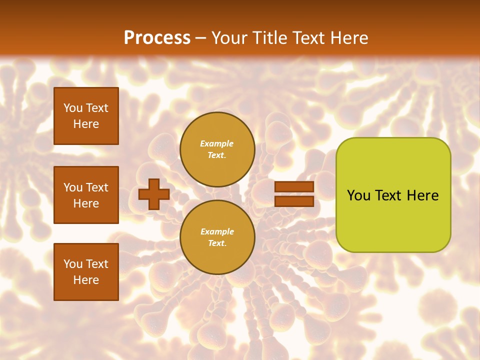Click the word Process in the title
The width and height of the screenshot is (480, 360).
[157, 38]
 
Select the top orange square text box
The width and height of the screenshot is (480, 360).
[86, 116]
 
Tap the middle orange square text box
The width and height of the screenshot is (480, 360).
[86, 195]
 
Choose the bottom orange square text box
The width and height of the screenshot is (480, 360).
[86, 272]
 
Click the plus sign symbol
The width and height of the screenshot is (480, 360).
[154, 194]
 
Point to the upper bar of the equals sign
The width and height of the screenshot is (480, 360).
[294, 187]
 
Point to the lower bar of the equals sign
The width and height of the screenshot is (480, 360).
[294, 201]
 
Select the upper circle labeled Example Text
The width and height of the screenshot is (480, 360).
[217, 149]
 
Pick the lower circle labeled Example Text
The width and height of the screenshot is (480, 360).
[217, 237]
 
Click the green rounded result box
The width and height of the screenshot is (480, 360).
[393, 195]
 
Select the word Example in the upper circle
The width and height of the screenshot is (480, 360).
[217, 144]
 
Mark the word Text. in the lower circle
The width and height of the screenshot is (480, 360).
[217, 243]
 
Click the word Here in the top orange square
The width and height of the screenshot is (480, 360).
[86, 124]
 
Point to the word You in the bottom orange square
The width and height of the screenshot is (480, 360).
[73, 264]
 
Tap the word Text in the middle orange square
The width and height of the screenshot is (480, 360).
[96, 187]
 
